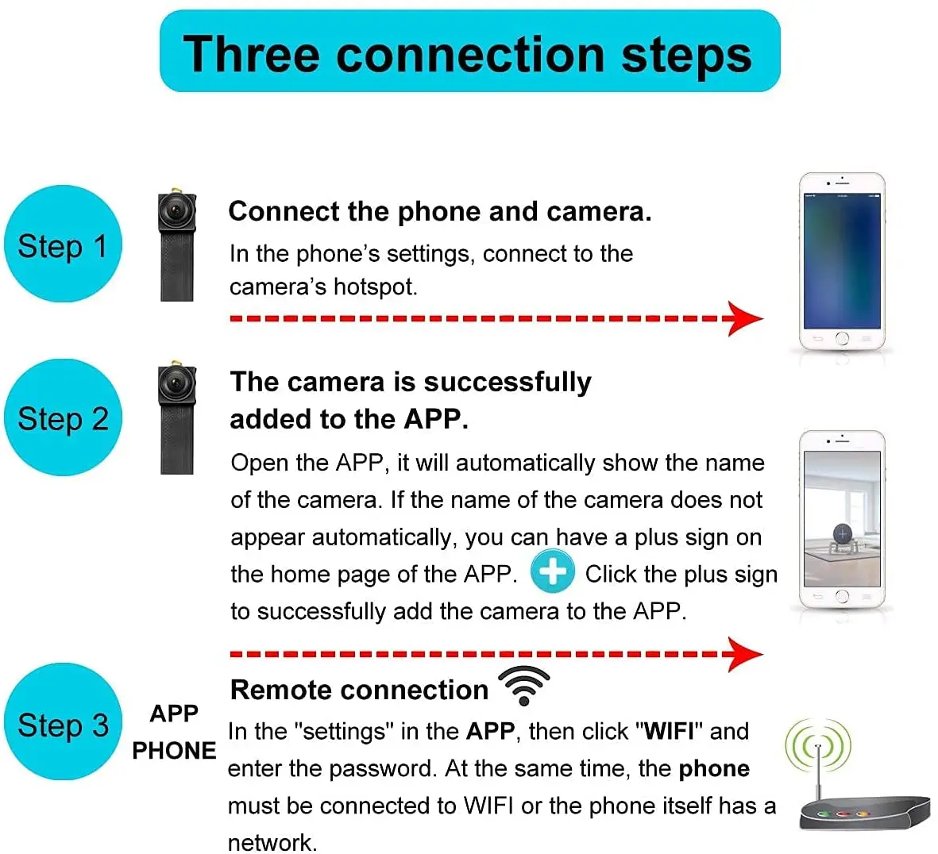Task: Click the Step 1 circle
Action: (64, 244)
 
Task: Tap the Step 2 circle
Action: (64, 417)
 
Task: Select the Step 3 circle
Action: (64, 722)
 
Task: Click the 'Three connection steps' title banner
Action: (469, 52)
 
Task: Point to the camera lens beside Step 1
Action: (174, 210)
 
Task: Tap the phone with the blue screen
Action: (842, 262)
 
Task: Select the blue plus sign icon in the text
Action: (552, 571)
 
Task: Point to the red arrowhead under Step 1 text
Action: (744, 318)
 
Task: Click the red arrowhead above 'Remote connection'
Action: (744, 654)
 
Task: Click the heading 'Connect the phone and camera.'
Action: (439, 212)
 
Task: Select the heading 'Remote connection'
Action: (359, 690)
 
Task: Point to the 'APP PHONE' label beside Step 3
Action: (174, 732)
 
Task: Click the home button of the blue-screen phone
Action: (842, 339)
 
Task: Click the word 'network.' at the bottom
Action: (272, 841)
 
